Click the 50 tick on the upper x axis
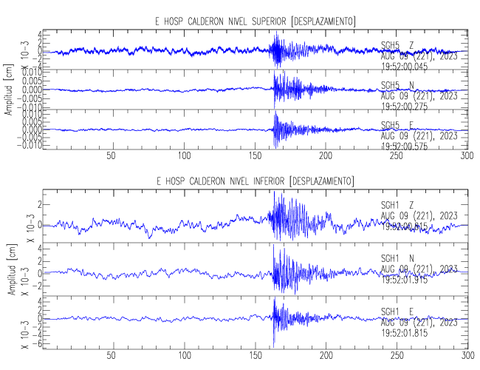coord(111,156)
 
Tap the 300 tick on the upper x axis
coord(466,156)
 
